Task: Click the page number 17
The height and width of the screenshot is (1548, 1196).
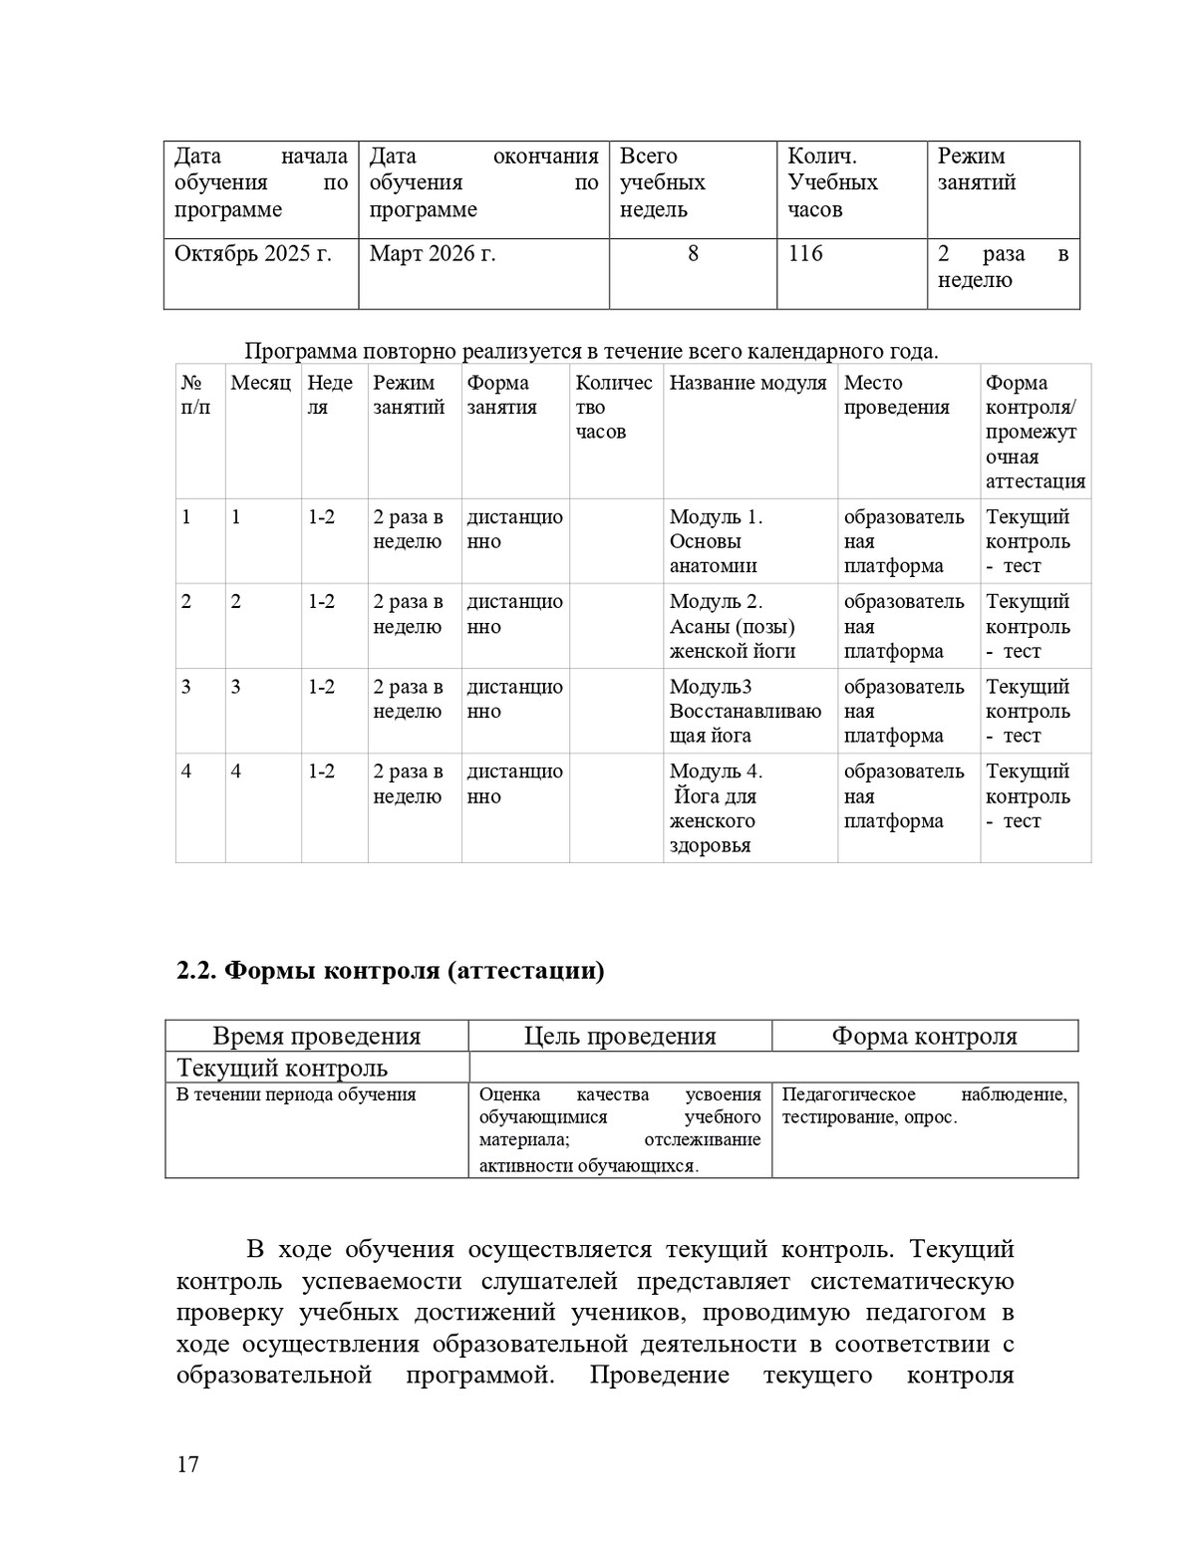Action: point(187,1464)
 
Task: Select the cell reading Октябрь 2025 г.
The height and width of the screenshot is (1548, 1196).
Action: point(252,254)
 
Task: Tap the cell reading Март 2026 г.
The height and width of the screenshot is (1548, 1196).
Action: point(433,254)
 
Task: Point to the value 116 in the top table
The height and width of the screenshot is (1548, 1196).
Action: point(805,254)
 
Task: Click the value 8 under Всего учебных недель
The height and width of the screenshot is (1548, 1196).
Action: point(693,254)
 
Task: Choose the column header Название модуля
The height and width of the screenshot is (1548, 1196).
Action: point(747,383)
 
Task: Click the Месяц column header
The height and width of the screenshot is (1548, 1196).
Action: point(260,383)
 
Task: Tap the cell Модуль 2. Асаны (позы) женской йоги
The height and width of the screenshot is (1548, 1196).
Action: point(732,626)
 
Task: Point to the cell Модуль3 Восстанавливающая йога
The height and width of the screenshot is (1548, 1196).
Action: point(745,711)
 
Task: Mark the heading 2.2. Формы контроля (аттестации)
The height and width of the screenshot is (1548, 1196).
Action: point(390,970)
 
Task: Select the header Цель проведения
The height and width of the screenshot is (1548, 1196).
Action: point(620,1036)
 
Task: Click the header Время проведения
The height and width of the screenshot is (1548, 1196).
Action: point(317,1036)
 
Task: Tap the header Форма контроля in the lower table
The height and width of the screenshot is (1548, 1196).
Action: point(924,1036)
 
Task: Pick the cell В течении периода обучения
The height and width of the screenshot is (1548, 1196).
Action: point(296,1094)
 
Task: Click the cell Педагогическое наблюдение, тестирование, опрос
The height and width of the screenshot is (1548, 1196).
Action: point(924,1105)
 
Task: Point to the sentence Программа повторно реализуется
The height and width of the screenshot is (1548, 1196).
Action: point(590,351)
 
